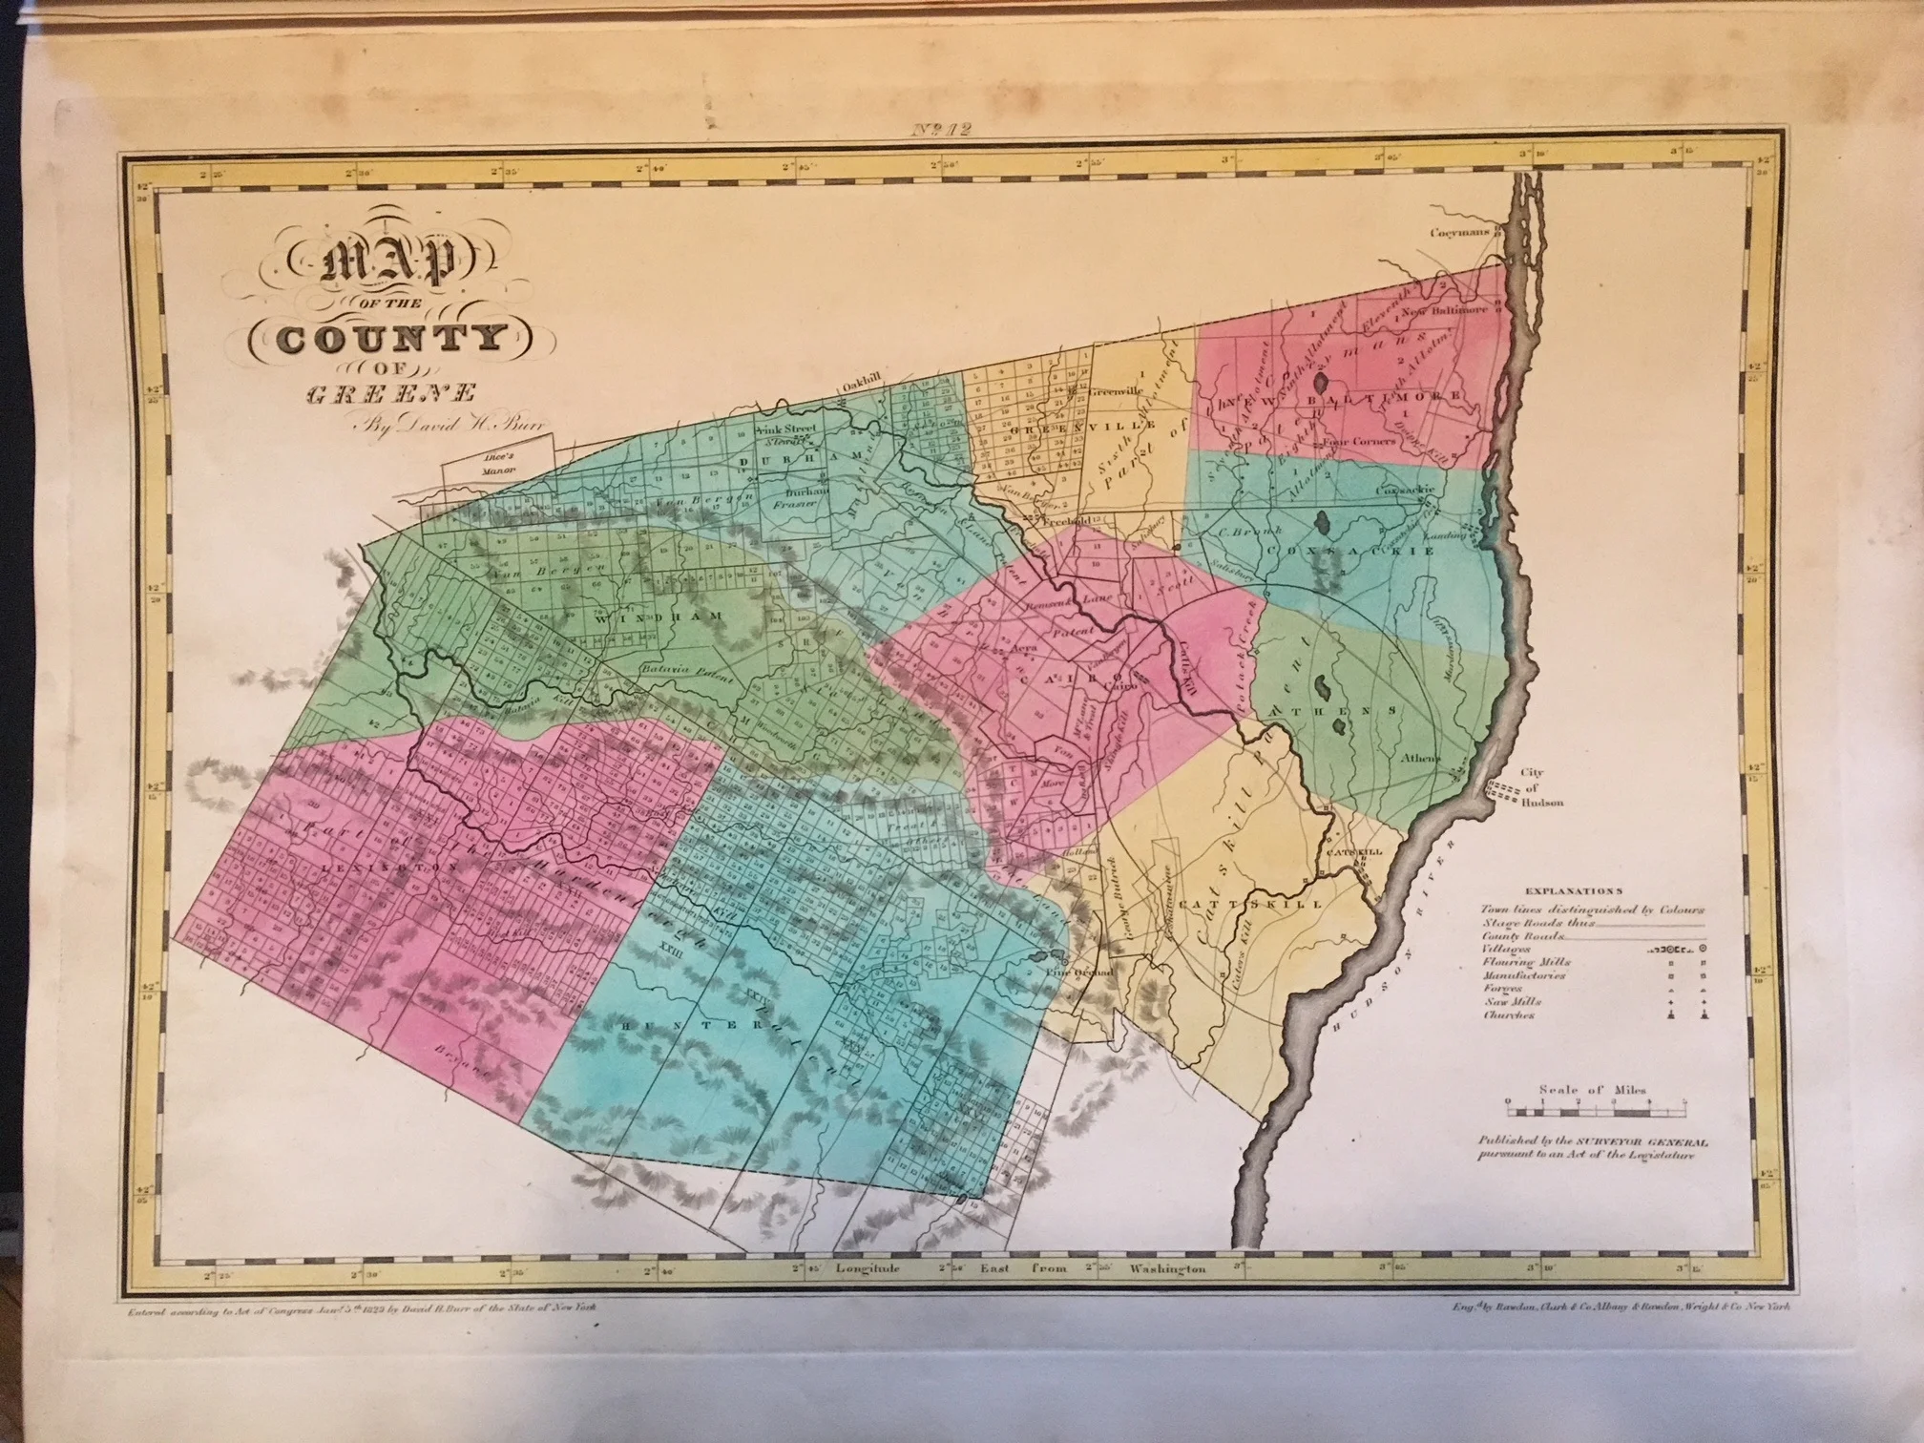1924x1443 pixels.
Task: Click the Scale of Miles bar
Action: pos(1598,1111)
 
